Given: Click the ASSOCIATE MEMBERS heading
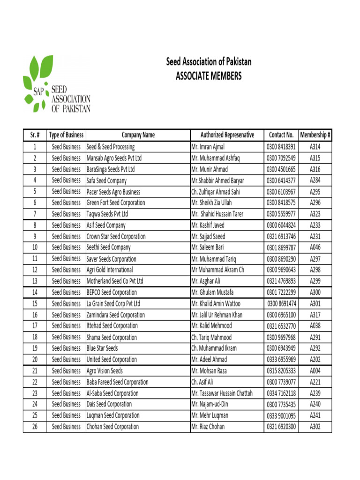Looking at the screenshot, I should tap(209, 75).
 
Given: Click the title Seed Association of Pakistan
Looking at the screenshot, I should tap(209, 62).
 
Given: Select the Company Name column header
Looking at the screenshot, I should tap(138, 135).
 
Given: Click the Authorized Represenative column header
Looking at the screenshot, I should tap(227, 135).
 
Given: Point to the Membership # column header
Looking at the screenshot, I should tap(315, 135).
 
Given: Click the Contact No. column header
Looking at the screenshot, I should tap(281, 135).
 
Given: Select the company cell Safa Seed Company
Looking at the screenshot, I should tap(106, 180).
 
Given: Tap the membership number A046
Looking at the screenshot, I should tap(315, 247).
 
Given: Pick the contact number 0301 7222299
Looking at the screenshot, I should tap(281, 292).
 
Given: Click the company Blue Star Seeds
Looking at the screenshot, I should tap(102, 348).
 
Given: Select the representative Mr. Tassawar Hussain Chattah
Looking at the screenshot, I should tap(222, 393).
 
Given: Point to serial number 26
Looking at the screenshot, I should tap(35, 427).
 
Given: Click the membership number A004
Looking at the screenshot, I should tap(315, 371).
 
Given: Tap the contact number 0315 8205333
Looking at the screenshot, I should tap(281, 371).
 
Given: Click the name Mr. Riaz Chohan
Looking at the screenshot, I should tap(208, 427).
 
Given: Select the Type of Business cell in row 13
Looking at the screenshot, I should tap(66, 281).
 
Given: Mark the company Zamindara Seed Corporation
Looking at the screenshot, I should tap(116, 315).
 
